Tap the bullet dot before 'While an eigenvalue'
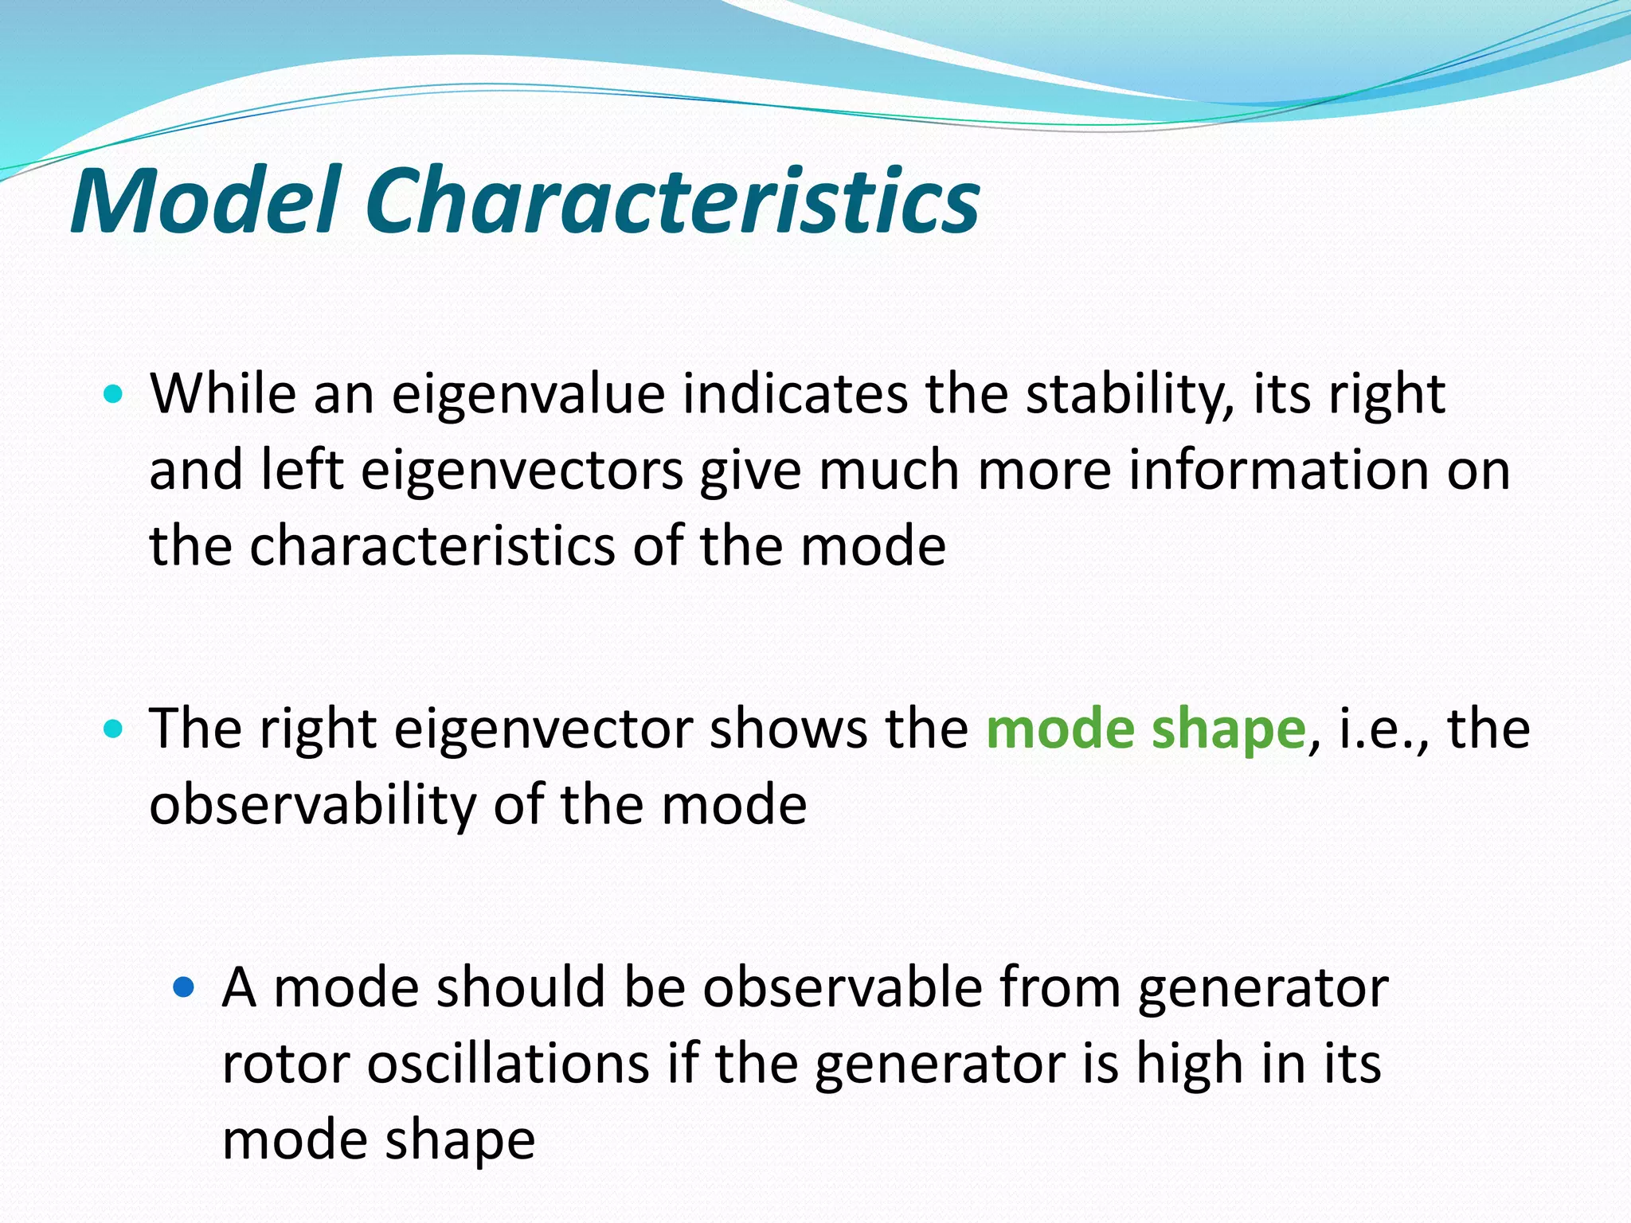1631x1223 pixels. click(x=114, y=393)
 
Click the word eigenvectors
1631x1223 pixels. click(x=522, y=470)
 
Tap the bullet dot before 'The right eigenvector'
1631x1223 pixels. click(x=114, y=728)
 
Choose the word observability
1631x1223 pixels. click(x=312, y=805)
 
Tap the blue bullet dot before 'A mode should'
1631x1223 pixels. click(x=184, y=988)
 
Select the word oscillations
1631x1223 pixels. click(x=507, y=1064)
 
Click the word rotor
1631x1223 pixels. click(x=285, y=1065)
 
